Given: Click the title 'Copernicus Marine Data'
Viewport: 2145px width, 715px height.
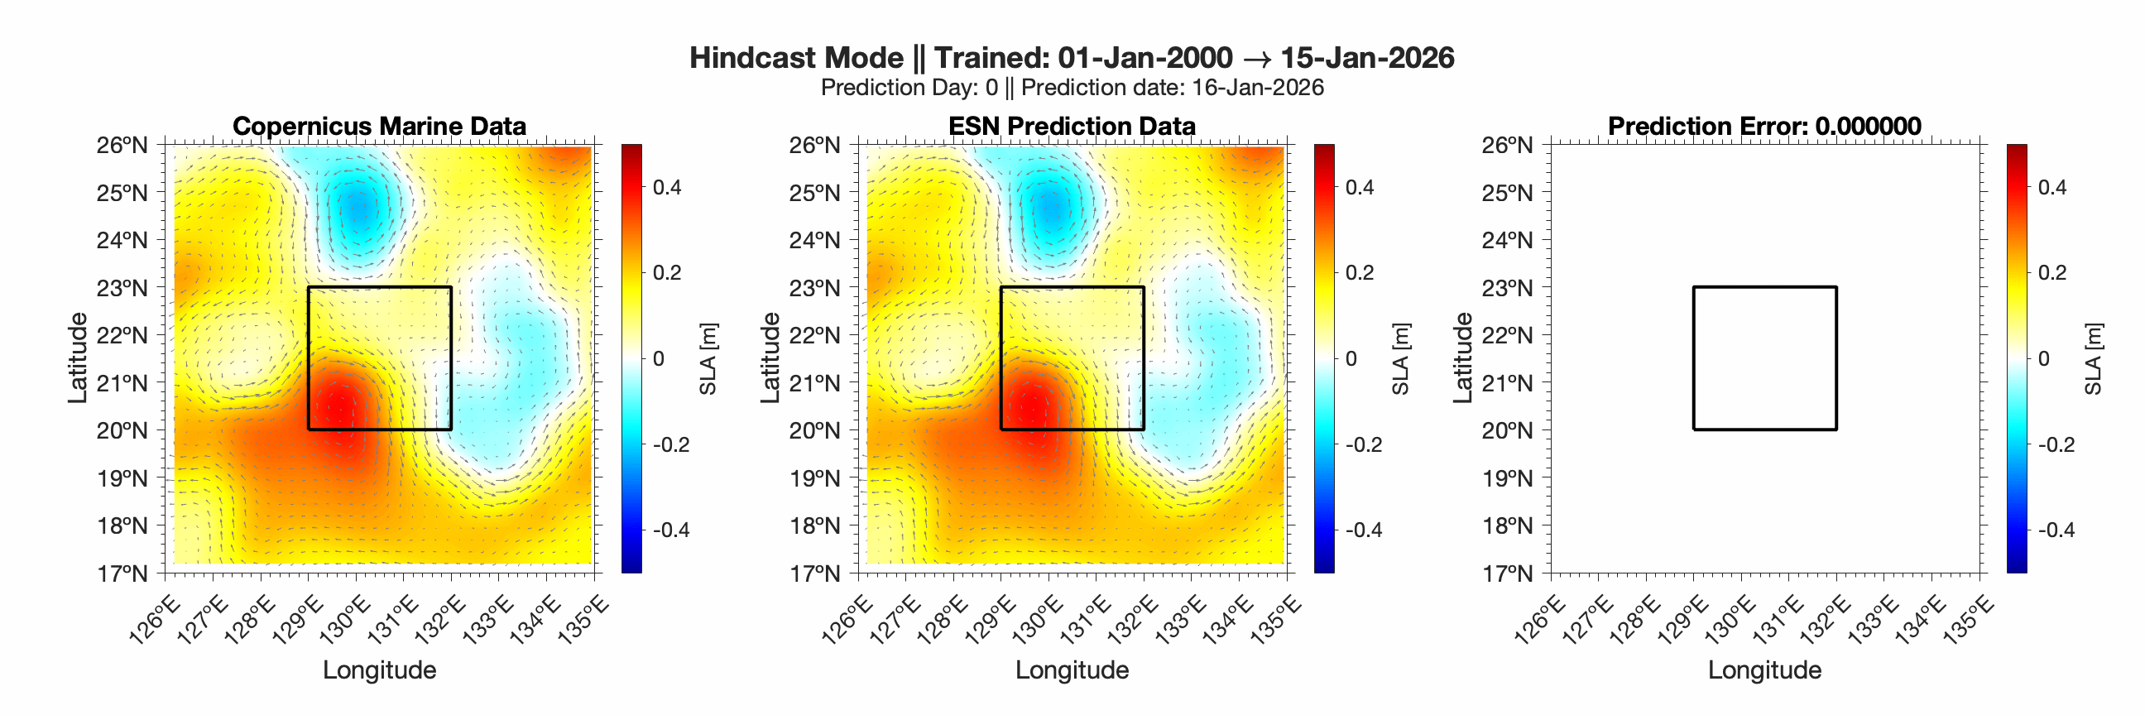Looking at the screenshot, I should coord(379,126).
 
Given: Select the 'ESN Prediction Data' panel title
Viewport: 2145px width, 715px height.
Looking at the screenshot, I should coord(1072,126).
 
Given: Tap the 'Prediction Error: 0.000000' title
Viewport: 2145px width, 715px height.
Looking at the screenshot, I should coord(1764,126).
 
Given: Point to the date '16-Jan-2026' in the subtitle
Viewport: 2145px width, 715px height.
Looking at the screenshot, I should coord(1257,88).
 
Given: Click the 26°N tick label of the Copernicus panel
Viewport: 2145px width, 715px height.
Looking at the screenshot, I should coord(122,146).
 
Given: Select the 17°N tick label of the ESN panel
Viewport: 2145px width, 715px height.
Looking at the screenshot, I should coord(814,573).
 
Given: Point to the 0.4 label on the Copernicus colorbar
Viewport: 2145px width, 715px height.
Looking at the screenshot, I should coord(666,187).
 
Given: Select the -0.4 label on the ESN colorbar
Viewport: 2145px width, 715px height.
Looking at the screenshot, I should coord(1362,530).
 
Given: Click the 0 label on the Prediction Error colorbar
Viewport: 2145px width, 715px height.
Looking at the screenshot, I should coord(2043,359).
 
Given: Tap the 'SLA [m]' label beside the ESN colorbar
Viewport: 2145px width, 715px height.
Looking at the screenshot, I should coord(1400,359).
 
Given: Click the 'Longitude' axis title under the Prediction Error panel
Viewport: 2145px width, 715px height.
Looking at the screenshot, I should coord(1764,670).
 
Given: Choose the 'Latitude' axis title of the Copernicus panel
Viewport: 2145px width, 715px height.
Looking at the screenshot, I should coord(78,359).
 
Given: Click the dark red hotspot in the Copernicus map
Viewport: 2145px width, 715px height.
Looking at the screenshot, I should coord(338,409).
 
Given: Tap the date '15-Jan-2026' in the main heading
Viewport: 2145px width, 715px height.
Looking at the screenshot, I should coord(1366,57).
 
